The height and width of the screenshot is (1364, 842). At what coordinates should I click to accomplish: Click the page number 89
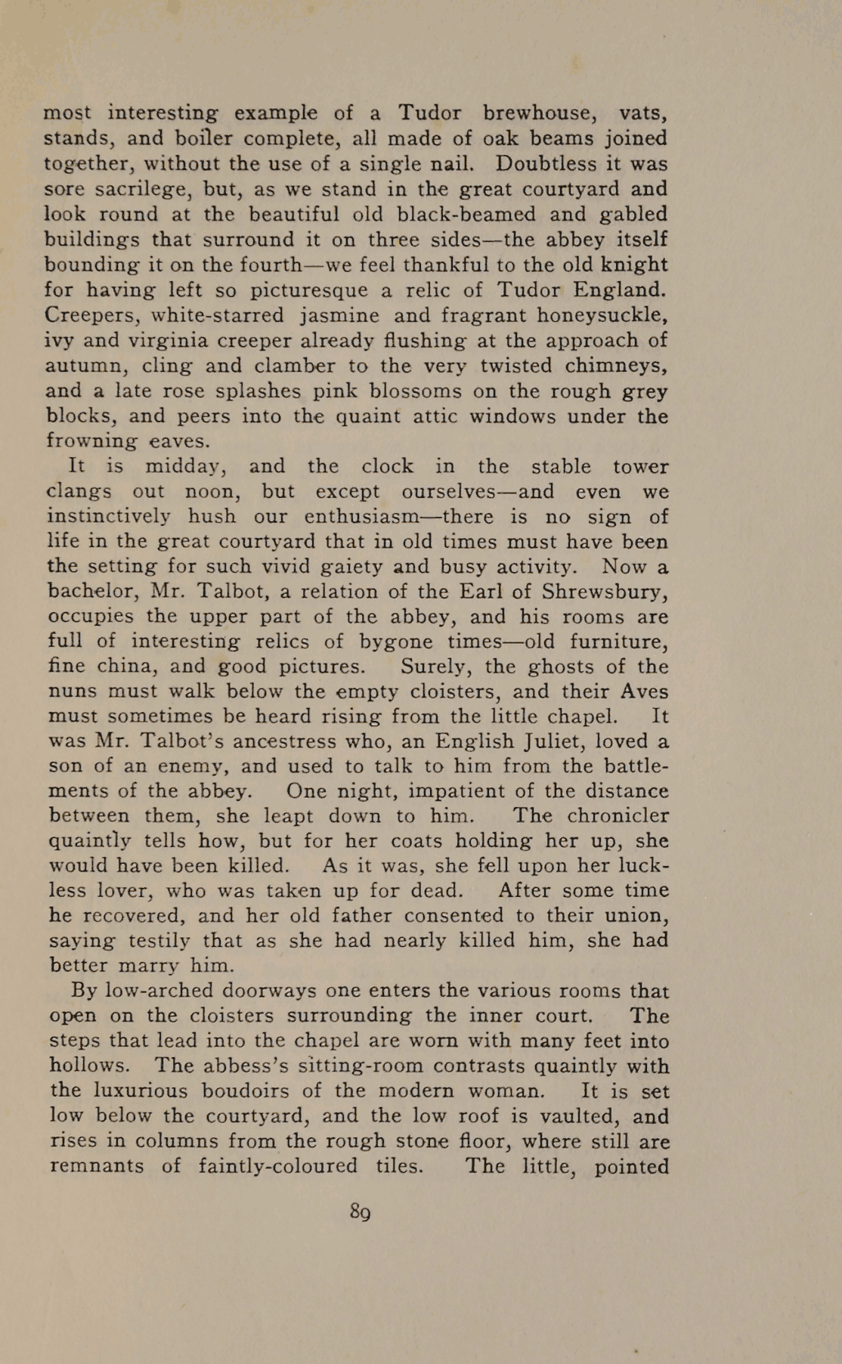click(x=360, y=1212)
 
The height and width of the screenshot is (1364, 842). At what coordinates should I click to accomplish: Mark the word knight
click(x=630, y=264)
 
